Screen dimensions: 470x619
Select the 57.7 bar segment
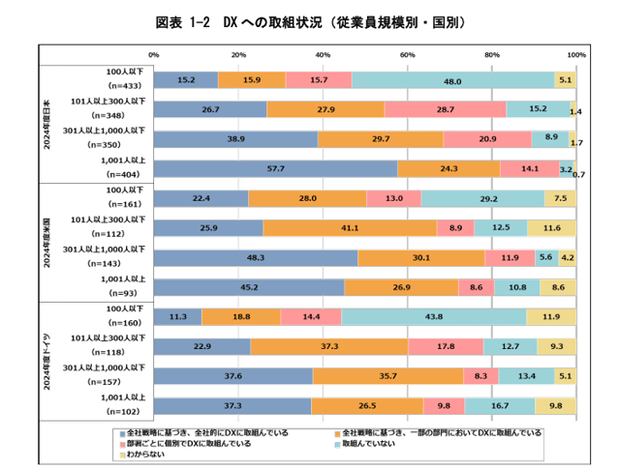[275, 168]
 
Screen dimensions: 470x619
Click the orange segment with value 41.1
[350, 228]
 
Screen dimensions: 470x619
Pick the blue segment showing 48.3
[256, 257]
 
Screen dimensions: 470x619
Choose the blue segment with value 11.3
[177, 316]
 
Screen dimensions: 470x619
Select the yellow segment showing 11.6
[551, 228]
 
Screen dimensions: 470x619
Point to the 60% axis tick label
[408, 54]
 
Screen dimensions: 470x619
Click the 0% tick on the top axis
[154, 54]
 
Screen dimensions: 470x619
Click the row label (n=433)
[125, 87]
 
